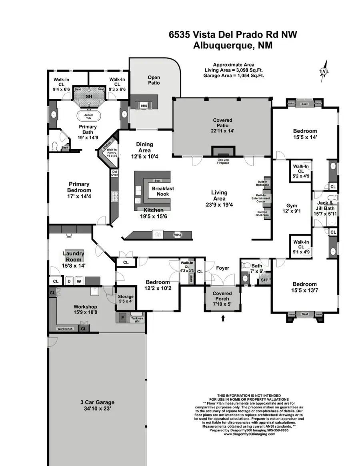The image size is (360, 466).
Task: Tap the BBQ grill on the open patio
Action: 144,106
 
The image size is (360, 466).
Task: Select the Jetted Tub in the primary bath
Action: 88,116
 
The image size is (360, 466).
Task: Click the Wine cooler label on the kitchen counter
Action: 177,235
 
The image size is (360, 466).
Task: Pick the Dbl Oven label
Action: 115,174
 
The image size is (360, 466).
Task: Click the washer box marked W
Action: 79,282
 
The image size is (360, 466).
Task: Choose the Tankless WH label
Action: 137,320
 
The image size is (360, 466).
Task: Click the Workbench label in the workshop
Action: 65,328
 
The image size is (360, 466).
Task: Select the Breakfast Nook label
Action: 160,191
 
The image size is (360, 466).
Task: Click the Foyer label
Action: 222,268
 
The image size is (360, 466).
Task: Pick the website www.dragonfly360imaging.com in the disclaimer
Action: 249,434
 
